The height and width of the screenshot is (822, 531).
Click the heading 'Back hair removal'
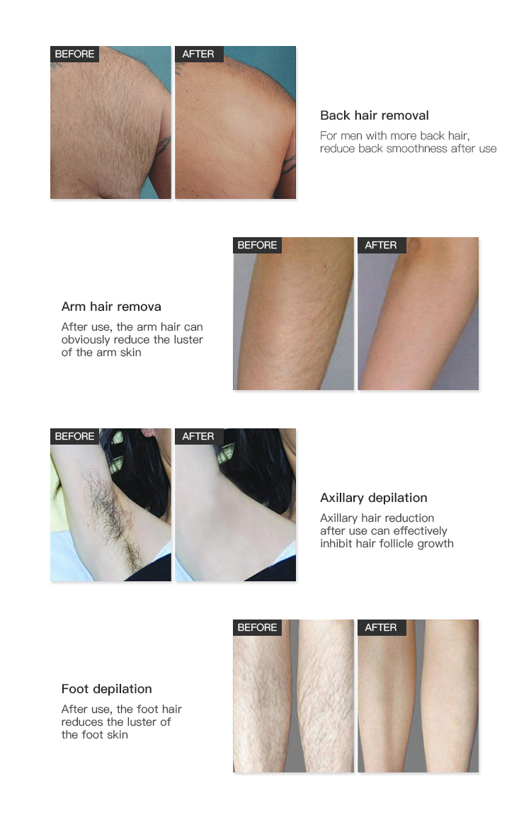(374, 115)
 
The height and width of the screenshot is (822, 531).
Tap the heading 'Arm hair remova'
(111, 307)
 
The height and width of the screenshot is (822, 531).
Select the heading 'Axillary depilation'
(373, 498)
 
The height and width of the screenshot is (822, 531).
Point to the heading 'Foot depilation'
(106, 689)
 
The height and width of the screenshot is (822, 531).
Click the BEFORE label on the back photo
(74, 54)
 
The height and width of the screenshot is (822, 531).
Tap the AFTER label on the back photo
(198, 54)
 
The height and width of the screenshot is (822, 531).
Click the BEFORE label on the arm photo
(257, 245)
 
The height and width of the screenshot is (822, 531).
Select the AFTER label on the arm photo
(381, 245)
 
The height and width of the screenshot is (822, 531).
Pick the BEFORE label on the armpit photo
(74, 436)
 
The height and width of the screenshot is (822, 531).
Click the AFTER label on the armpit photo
(198, 436)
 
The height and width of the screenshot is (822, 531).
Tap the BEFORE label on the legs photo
(257, 627)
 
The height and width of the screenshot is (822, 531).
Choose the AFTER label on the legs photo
(381, 627)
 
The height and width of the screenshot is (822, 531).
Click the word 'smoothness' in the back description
(417, 149)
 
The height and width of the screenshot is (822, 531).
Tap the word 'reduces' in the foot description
(83, 722)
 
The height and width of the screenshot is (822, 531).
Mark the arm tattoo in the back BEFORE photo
(164, 145)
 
